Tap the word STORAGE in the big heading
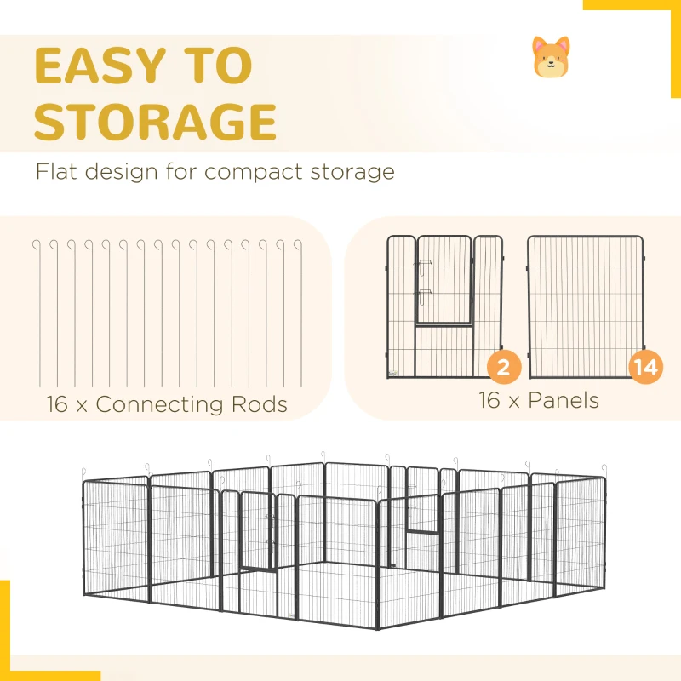pos(155,122)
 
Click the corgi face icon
pos(551,57)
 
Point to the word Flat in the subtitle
pos(56,171)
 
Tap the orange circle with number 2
pos(504,367)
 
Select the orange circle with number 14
pos(646,367)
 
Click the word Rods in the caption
pos(260,404)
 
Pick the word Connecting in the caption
pos(158,405)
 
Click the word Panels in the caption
pos(564,400)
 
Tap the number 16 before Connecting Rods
pos(57,404)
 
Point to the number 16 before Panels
pos(489,400)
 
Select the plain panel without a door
pos(586,306)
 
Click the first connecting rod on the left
pos(39,312)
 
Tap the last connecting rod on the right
pos(300,312)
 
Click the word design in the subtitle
pos(121,173)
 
